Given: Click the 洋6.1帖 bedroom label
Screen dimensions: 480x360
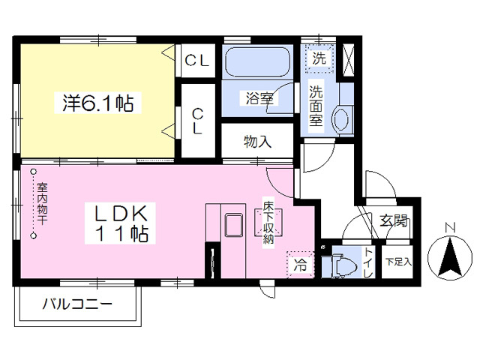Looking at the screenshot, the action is coord(98,103).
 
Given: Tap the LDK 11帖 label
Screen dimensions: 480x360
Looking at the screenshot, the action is coord(120,223).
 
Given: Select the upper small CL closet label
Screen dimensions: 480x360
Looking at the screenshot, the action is coord(197,61).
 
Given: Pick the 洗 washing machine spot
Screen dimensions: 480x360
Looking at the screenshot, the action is coord(319,58).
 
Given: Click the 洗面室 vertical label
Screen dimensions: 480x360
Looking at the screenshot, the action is coord(316,106).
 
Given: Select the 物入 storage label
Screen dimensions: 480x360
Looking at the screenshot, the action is coord(257,142).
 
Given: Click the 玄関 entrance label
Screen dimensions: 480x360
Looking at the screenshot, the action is coord(394,220).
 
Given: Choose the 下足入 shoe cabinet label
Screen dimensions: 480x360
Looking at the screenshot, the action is coord(398,262).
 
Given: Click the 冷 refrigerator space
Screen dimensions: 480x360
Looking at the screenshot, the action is coord(300,265).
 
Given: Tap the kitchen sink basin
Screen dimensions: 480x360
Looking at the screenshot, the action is coord(234,226).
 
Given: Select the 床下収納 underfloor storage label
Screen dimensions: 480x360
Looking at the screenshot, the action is coord(268,222).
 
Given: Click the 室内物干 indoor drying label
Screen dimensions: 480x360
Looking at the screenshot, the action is coord(42,203).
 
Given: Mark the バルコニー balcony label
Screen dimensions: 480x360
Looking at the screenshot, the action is coord(77,304).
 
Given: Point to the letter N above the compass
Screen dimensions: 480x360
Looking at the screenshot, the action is coord(450,228).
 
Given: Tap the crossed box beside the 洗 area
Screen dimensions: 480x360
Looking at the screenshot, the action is coord(347,59).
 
